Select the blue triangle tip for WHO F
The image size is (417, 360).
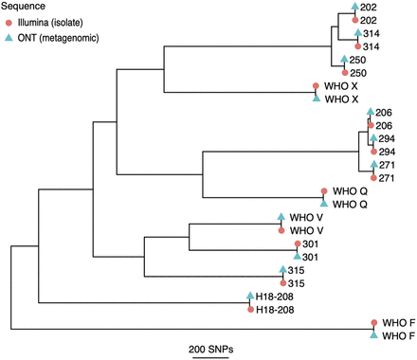[374, 335]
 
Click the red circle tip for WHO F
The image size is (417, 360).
[374, 323]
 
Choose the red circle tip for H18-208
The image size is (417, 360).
[249, 309]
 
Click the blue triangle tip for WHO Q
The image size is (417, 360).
[324, 203]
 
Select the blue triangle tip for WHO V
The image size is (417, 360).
[281, 216]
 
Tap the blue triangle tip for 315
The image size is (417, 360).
[282, 270]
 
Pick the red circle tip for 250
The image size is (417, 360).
[344, 73]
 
